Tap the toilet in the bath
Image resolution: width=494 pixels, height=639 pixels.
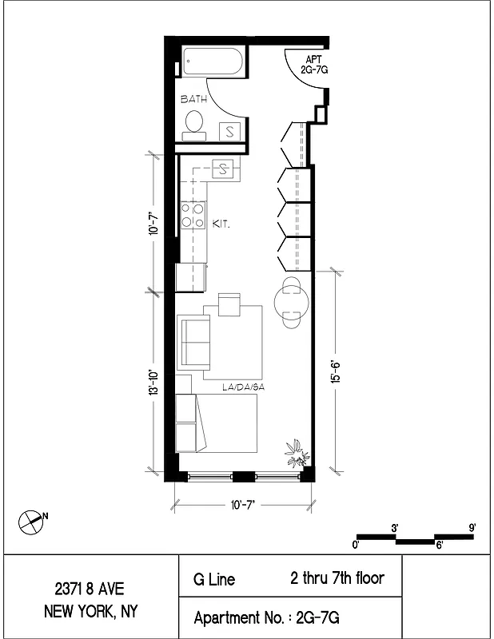click(x=194, y=123)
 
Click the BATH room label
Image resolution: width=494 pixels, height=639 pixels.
click(x=194, y=100)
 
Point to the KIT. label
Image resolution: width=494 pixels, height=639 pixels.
click(x=221, y=225)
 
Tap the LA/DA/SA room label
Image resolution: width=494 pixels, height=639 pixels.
click(x=243, y=387)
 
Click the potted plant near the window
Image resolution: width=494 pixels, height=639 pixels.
click(x=297, y=453)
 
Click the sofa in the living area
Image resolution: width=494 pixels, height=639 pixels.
click(x=193, y=339)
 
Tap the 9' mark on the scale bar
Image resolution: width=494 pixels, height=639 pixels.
click(x=472, y=527)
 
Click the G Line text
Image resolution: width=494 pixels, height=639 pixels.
click(x=214, y=579)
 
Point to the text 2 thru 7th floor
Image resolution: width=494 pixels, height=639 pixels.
click(x=337, y=577)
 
